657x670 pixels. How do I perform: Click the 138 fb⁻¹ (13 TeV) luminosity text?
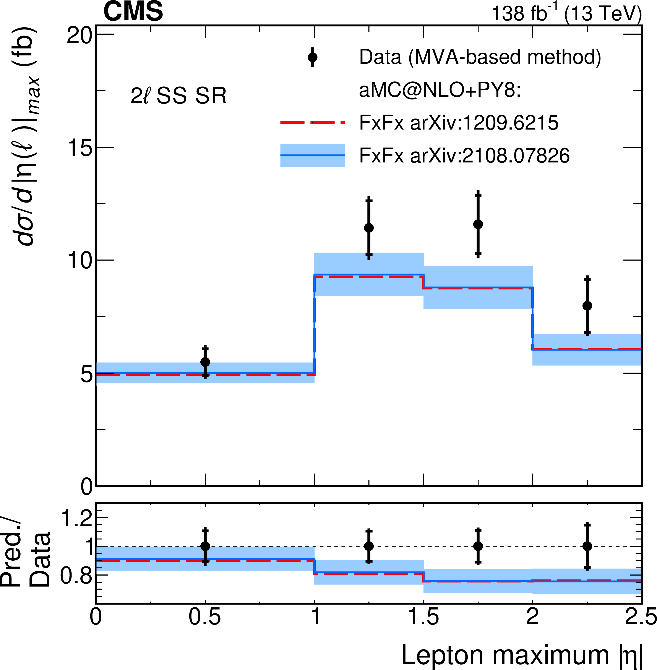pyautogui.click(x=566, y=14)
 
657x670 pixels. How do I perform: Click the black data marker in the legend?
pyautogui.click(x=313, y=57)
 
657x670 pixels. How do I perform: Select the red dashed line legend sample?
pyautogui.click(x=312, y=122)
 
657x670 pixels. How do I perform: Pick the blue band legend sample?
pyautogui.click(x=312, y=155)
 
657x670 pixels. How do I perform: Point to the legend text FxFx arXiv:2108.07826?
pyautogui.click(x=464, y=156)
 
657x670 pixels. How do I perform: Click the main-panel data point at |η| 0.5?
pyautogui.click(x=205, y=362)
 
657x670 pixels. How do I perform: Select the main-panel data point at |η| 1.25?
pyautogui.click(x=369, y=228)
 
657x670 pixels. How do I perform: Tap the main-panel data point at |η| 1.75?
pyautogui.click(x=478, y=224)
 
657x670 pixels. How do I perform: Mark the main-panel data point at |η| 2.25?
pyautogui.click(x=587, y=306)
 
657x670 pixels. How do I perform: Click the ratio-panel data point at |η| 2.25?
pyautogui.click(x=587, y=546)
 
